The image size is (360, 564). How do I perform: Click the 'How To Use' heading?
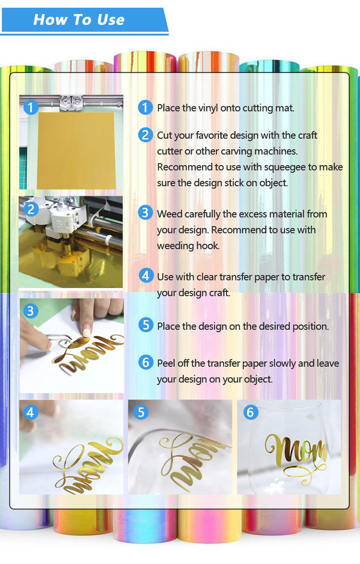point(79,19)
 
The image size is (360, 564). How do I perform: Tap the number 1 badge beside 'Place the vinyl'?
point(145,107)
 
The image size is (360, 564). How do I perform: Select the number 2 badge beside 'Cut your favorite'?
point(145,135)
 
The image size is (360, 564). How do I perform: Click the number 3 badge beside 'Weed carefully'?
point(145,213)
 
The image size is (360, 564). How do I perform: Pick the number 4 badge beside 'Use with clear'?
point(146,275)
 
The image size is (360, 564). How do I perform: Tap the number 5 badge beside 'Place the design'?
point(146,325)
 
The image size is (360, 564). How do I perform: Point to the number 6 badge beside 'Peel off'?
point(146,362)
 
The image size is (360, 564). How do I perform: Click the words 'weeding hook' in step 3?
point(188,246)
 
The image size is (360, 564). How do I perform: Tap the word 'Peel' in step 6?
point(166,364)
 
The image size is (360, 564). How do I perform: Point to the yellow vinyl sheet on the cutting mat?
point(77,151)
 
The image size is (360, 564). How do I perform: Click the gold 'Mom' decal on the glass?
point(296,451)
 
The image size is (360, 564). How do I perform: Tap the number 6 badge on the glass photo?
point(250,412)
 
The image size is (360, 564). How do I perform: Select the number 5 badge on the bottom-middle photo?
point(140,412)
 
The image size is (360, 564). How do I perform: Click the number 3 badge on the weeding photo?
point(31,311)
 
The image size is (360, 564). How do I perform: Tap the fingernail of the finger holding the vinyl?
point(86,332)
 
